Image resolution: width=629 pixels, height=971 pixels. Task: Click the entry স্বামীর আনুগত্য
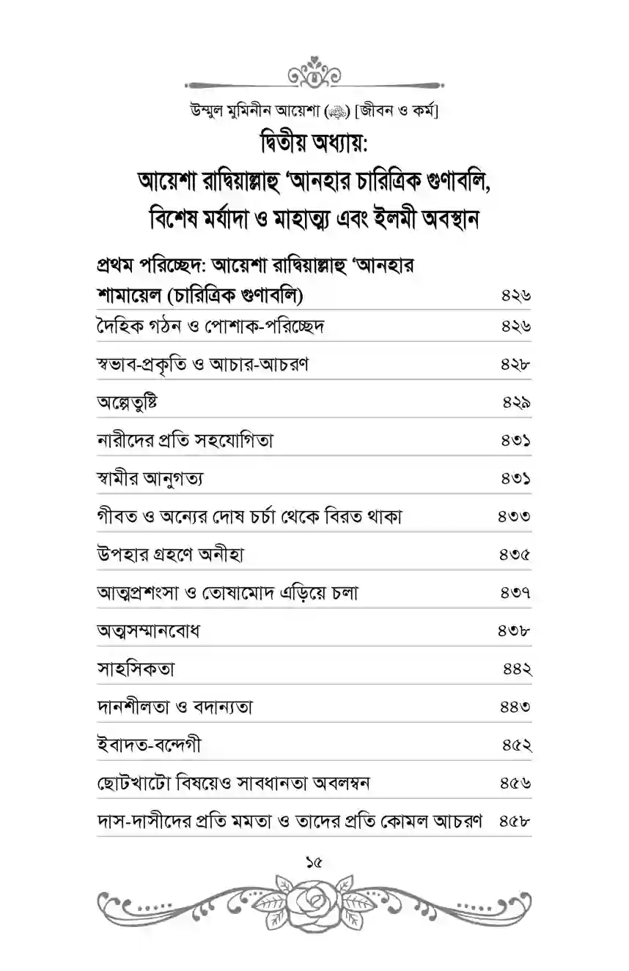(x=150, y=479)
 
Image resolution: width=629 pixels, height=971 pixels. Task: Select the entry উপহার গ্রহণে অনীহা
(x=169, y=555)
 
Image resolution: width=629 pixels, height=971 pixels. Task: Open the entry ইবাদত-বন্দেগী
(x=148, y=745)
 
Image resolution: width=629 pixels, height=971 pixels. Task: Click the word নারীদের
(x=123, y=441)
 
